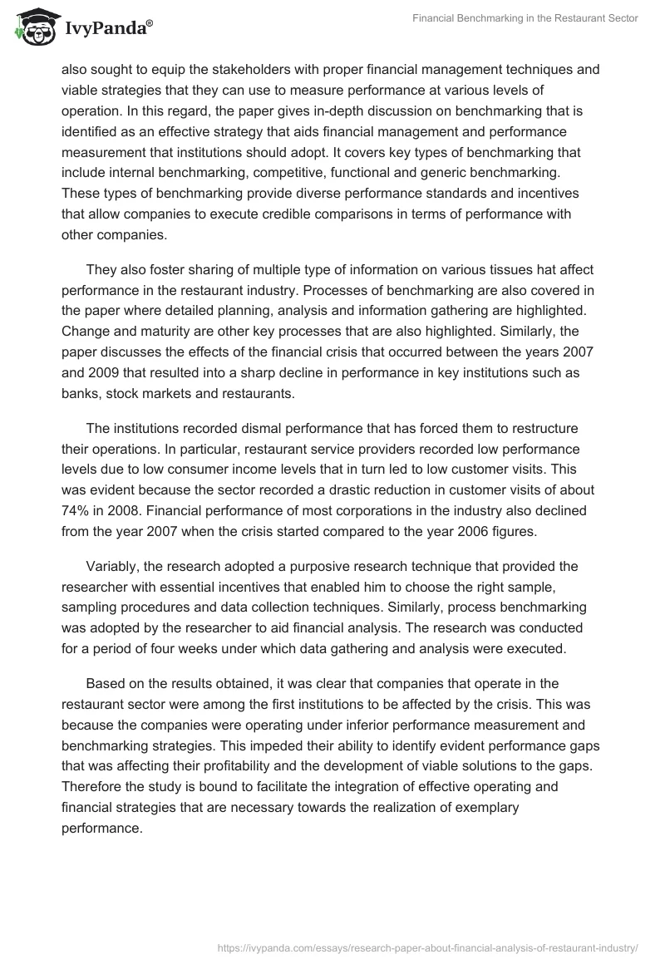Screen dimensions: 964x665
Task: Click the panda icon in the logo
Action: pyautogui.click(x=31, y=27)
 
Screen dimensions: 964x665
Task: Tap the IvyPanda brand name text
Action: pyautogui.click(x=106, y=28)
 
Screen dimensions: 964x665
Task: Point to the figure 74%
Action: pyautogui.click(x=76, y=509)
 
